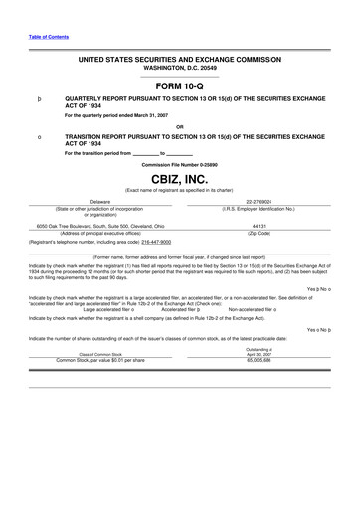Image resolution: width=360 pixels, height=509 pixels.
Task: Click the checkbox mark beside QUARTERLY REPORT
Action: [x=40, y=100]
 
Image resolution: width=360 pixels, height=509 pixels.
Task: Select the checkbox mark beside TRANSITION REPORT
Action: [x=40, y=136]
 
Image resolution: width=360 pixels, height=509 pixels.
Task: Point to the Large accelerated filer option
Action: [x=115, y=309]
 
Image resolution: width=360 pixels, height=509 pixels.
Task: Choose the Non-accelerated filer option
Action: [x=261, y=309]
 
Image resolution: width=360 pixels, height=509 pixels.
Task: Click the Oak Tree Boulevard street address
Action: [x=100, y=226]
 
